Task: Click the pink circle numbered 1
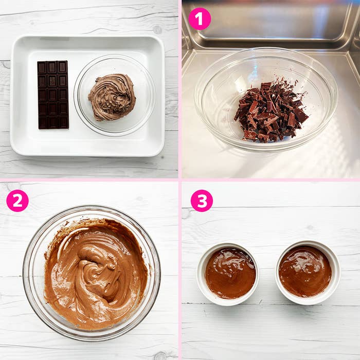200,19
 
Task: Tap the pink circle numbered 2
17,201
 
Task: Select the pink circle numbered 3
202,201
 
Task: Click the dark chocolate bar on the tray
53,95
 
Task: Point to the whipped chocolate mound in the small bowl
112,97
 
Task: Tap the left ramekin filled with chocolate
228,274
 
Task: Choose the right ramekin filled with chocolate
308,273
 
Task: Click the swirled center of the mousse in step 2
97,271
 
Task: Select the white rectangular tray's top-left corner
11,37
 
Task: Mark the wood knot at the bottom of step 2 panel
160,355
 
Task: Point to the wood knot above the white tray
157,30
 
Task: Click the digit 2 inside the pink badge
17,201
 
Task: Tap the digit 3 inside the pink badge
202,201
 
